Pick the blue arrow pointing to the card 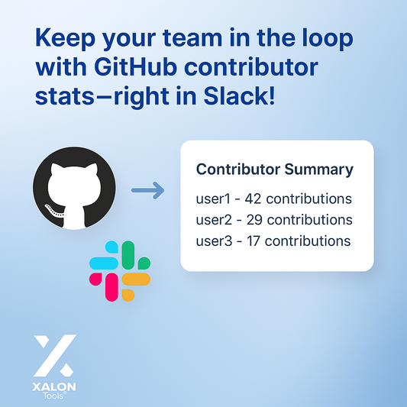pyautogui.click(x=147, y=190)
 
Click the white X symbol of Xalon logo pyautogui.click(x=54, y=354)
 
